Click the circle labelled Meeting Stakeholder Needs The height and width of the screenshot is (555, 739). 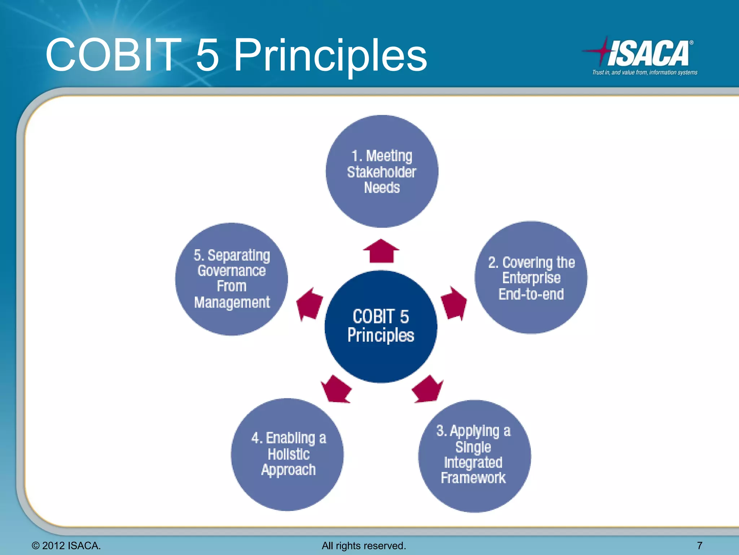coord(382,171)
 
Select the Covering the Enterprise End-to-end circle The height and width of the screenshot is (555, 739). coord(531,277)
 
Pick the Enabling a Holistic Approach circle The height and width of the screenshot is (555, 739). coord(287,454)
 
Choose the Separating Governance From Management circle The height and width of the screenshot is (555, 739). coord(231,279)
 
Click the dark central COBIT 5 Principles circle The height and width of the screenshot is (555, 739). coord(381,326)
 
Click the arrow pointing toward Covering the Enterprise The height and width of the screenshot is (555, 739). coord(454,304)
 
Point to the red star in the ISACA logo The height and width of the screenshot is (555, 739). coord(601,51)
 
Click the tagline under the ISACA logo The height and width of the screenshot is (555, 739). coord(644,73)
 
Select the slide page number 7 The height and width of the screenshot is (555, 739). coord(700,545)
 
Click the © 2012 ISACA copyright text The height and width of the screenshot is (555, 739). coord(66,546)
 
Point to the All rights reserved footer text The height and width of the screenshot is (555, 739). coord(364,546)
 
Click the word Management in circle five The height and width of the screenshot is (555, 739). coord(232,302)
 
